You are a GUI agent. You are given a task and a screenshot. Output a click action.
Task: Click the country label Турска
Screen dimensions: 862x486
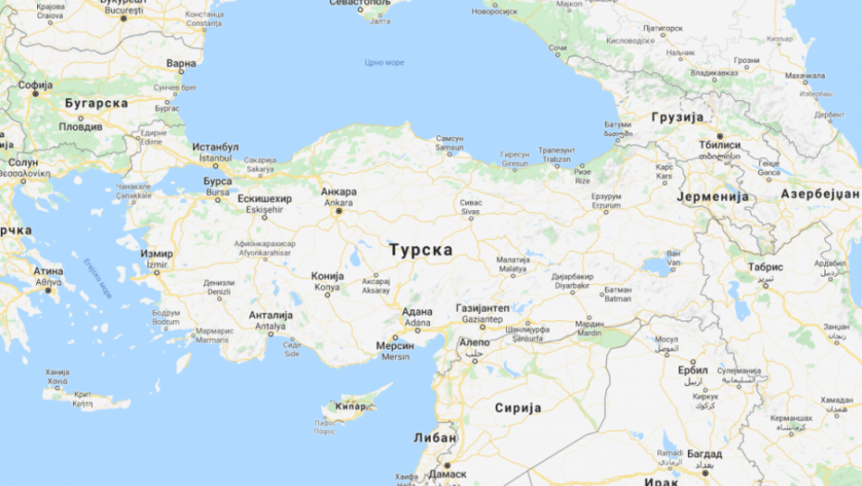pyautogui.click(x=421, y=250)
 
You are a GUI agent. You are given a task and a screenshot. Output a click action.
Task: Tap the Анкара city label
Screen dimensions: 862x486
pyautogui.click(x=338, y=193)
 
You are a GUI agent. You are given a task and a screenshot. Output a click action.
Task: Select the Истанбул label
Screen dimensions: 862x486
pyautogui.click(x=215, y=147)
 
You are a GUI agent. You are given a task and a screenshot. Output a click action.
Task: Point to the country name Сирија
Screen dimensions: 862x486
pyautogui.click(x=518, y=407)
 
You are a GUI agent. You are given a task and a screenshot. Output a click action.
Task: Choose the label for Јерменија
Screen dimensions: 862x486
pyautogui.click(x=712, y=197)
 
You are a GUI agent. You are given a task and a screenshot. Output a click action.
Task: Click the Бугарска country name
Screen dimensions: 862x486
pyautogui.click(x=95, y=104)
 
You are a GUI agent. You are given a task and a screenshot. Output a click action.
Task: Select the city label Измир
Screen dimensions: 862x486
pyautogui.click(x=156, y=254)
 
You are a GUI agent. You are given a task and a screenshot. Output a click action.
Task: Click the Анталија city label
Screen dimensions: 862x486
pyautogui.click(x=271, y=315)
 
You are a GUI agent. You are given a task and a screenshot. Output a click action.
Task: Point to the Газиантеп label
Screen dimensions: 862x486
pyautogui.click(x=483, y=307)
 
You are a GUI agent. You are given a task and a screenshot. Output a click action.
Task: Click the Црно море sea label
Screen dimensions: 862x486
pyautogui.click(x=384, y=62)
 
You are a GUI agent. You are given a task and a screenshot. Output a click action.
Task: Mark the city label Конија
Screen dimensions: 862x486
pyautogui.click(x=328, y=276)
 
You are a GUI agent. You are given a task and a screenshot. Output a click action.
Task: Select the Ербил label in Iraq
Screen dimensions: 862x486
pyautogui.click(x=692, y=369)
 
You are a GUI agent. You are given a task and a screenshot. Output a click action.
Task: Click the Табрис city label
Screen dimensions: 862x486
pyautogui.click(x=766, y=267)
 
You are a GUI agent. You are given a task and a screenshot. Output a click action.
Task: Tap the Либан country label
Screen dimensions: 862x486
pyautogui.click(x=435, y=438)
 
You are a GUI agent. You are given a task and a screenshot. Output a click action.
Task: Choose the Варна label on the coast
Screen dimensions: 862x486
pyautogui.click(x=182, y=64)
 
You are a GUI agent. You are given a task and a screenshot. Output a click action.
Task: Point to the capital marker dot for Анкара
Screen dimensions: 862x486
pyautogui.click(x=338, y=211)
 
